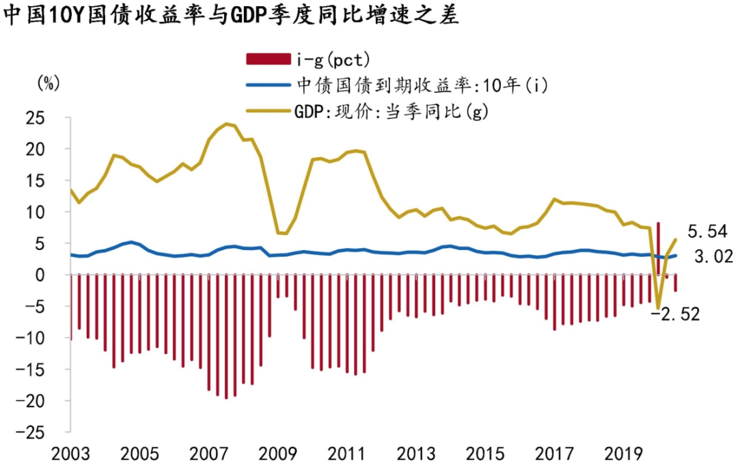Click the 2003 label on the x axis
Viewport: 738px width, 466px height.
(72, 454)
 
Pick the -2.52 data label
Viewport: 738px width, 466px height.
(676, 314)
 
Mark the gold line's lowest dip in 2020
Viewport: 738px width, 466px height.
(658, 308)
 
